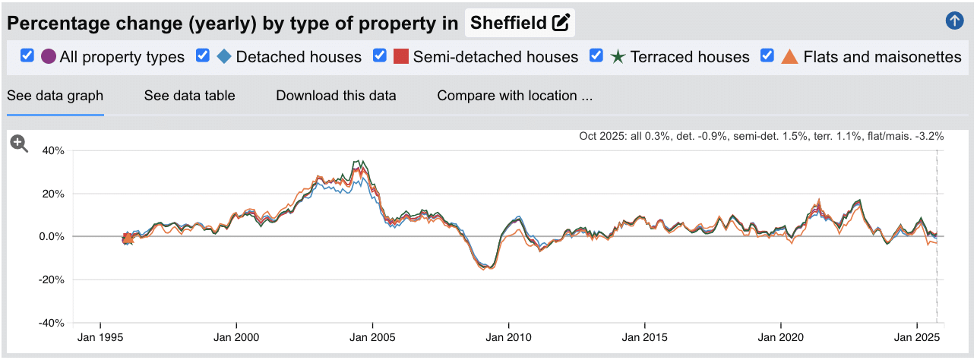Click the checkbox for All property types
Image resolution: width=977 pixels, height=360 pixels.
[x=27, y=56]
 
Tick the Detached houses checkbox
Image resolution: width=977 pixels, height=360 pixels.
[x=203, y=56]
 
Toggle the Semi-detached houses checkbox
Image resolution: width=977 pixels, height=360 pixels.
[x=380, y=56]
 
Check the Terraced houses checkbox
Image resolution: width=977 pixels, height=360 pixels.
[x=596, y=56]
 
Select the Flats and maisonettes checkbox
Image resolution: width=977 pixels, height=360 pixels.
[x=767, y=56]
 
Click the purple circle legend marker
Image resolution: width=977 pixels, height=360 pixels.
[x=49, y=57]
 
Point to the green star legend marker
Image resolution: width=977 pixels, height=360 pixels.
[x=618, y=57]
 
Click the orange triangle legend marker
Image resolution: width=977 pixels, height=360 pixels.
[x=790, y=57]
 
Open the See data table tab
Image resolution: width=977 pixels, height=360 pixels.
[x=189, y=96]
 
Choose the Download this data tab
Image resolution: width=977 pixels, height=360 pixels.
[x=336, y=96]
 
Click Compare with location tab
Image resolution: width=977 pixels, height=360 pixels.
[x=514, y=96]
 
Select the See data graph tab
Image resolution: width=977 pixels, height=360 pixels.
[x=55, y=96]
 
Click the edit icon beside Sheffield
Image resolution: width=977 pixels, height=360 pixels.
[x=561, y=23]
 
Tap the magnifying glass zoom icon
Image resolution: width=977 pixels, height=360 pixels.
[x=19, y=144]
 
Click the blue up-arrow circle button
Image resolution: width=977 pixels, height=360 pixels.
[x=954, y=21]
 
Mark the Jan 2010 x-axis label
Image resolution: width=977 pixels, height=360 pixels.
[x=508, y=337]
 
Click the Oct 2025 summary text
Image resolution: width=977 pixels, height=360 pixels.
[x=760, y=137]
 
